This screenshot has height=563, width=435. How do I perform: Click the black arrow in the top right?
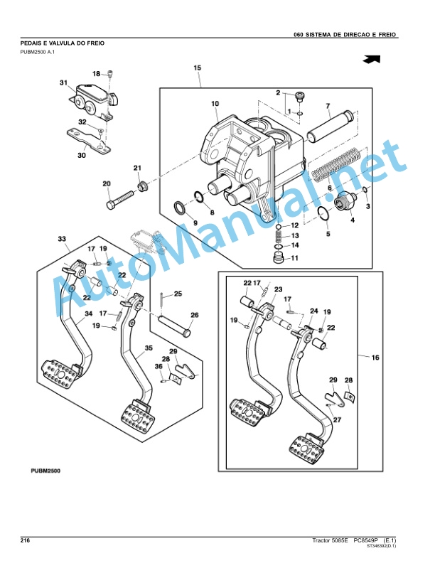(371, 60)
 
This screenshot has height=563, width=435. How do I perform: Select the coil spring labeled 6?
(335, 164)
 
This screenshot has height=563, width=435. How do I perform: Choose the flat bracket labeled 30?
(88, 140)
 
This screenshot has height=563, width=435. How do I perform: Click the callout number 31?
(63, 83)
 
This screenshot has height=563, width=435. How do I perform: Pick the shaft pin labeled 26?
(174, 326)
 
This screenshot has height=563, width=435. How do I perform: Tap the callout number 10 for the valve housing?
(215, 104)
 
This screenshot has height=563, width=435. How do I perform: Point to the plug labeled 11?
(279, 258)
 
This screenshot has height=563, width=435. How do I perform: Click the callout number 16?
(375, 358)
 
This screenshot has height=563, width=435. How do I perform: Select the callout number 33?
(62, 239)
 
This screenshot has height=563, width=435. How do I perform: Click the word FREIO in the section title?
(95, 43)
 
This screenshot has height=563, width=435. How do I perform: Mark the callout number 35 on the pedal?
(149, 348)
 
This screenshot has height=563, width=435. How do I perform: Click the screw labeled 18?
(110, 75)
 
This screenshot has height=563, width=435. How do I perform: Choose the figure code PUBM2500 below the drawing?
(45, 471)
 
